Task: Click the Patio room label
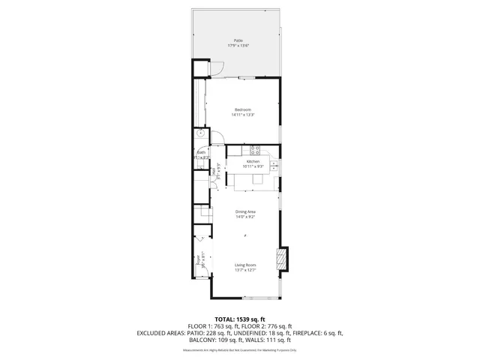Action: (238, 40)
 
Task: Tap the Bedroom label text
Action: (243, 110)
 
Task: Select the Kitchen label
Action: (253, 161)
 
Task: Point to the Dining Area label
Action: (245, 211)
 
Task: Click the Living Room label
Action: (245, 265)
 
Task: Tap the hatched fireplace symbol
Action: (282, 259)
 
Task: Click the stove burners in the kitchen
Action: (255, 150)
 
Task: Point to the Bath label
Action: (201, 152)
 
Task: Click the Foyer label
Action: (199, 261)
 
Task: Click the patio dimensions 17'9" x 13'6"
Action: (238, 46)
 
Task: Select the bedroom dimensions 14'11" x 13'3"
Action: (243, 115)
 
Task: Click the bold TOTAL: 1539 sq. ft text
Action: (240, 319)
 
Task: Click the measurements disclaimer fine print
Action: (240, 350)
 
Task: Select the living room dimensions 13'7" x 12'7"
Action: (245, 270)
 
